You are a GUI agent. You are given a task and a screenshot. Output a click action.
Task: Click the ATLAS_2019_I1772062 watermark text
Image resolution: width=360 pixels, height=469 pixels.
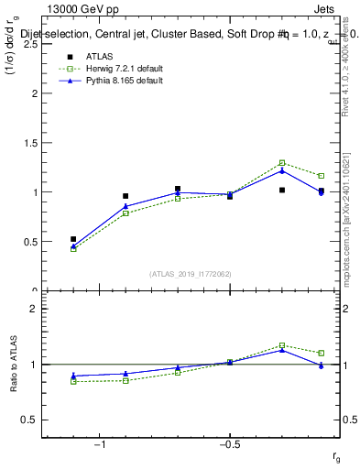(191, 273)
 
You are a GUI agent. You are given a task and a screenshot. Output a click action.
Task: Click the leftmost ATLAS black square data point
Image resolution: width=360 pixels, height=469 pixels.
(73, 239)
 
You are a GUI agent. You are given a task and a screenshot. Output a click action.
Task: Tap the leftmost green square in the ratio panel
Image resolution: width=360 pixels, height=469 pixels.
(73, 381)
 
